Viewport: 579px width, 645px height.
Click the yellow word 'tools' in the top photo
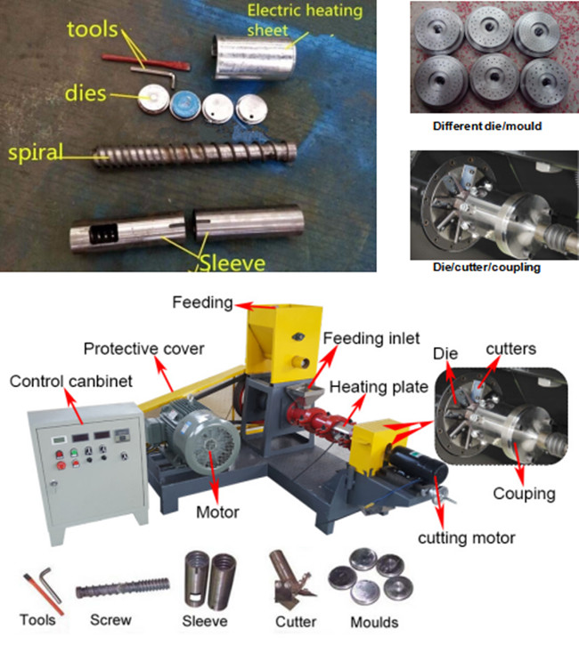coord(93,29)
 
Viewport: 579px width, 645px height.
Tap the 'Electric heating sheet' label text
coord(305,20)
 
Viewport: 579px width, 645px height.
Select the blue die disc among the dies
coord(185,105)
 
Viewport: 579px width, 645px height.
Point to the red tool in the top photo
coord(146,62)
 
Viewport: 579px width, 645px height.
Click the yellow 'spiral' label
coord(36,152)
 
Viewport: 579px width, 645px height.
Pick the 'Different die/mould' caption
coord(487,125)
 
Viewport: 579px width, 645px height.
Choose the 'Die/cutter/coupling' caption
coord(486,268)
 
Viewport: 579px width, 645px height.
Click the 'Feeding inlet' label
coord(371,338)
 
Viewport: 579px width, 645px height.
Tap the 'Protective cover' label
coord(143,349)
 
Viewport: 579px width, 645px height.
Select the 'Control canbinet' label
coord(71,382)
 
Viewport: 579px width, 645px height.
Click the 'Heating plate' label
coord(379,387)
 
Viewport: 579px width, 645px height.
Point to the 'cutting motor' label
coord(466,538)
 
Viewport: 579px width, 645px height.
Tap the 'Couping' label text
coord(525,494)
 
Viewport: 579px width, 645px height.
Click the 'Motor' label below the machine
coord(217,512)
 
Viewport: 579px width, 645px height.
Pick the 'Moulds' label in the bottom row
coord(374,623)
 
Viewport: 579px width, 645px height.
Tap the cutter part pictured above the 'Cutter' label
coord(290,580)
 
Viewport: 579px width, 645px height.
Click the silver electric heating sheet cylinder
coord(254,57)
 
